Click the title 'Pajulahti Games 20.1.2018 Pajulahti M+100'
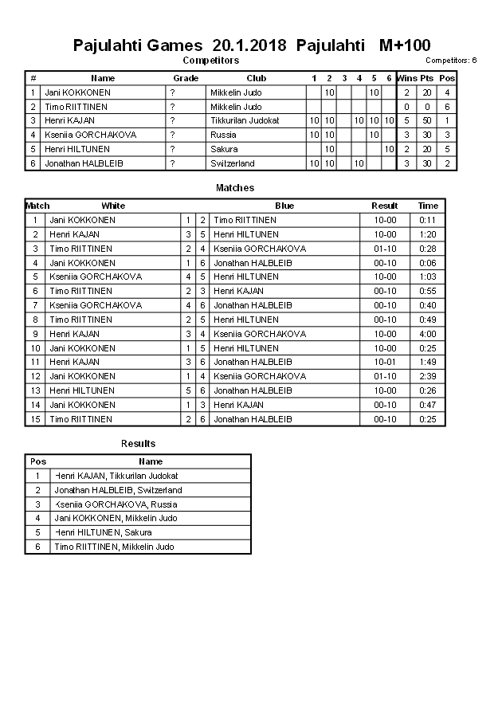[251, 45]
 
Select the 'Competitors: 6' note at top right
[451, 61]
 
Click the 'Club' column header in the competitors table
[256, 78]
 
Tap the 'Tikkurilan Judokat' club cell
[245, 120]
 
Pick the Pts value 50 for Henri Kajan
[427, 120]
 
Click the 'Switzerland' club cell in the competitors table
[233, 163]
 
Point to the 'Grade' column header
[186, 78]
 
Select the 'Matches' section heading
[235, 188]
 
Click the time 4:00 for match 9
[428, 334]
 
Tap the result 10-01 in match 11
[384, 362]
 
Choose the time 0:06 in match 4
[428, 263]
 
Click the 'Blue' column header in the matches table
[284, 206]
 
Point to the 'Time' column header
[428, 206]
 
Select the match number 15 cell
[35, 419]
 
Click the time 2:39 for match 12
[428, 376]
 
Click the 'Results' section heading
[138, 444]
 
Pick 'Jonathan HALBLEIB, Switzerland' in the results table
[118, 490]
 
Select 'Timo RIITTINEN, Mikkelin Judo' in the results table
[114, 547]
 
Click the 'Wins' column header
[406, 78]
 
